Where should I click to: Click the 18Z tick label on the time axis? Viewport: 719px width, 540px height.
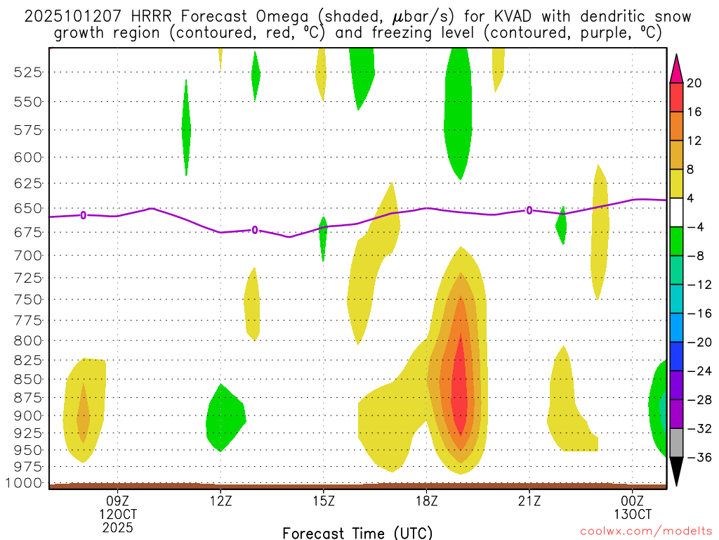tap(426, 503)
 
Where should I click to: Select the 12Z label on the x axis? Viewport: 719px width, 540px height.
tap(220, 503)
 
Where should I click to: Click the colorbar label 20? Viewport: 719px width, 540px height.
tap(694, 83)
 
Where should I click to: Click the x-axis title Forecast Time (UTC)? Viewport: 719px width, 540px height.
tap(357, 532)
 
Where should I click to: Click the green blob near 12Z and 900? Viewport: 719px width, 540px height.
tap(224, 418)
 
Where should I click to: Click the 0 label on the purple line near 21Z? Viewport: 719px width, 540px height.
tap(529, 210)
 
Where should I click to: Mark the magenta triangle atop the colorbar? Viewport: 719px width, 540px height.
tap(676, 67)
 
